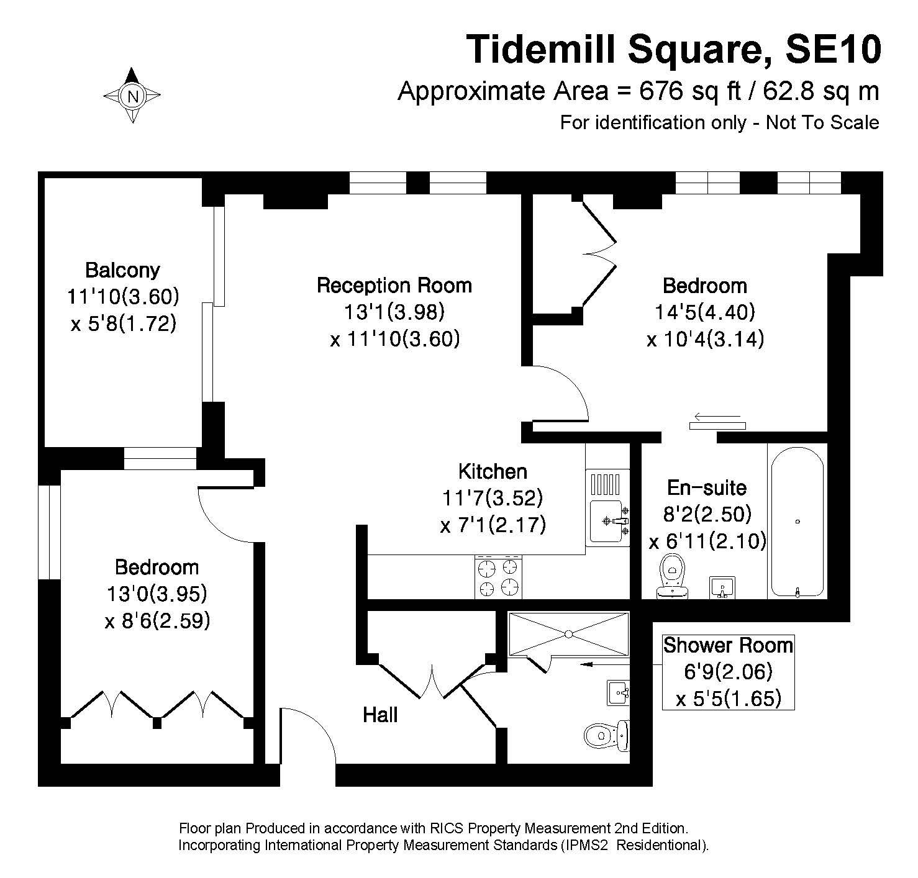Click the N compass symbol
click(132, 96)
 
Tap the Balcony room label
click(122, 270)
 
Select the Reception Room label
click(394, 285)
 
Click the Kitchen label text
click(493, 471)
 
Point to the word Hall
click(380, 715)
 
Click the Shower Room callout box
click(729, 672)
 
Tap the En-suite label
click(707, 487)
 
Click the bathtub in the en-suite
click(798, 522)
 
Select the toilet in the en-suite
click(672, 576)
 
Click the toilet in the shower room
click(607, 735)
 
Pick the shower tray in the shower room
click(569, 634)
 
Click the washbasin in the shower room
click(619, 693)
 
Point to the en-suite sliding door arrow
click(717, 417)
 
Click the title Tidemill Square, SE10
click(674, 49)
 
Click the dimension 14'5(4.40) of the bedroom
click(705, 312)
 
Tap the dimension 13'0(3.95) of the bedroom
click(157, 594)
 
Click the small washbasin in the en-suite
click(722, 587)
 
